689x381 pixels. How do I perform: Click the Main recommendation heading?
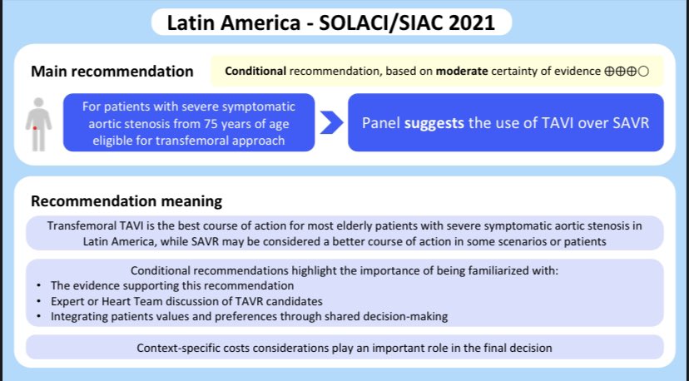tap(112, 72)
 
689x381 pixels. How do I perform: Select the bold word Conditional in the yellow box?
tap(255, 72)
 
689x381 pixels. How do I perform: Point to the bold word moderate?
tap(462, 72)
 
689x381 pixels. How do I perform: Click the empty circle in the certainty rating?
tap(643, 72)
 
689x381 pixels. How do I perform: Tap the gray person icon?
tap(38, 124)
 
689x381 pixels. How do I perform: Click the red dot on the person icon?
tap(35, 128)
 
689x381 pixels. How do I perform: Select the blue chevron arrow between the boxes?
tap(331, 122)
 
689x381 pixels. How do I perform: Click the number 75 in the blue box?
tap(210, 123)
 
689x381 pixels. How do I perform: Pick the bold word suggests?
tap(434, 123)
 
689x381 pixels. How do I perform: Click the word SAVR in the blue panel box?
tap(631, 122)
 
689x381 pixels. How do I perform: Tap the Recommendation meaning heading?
tap(126, 201)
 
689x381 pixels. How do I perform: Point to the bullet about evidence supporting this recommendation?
tap(172, 285)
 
